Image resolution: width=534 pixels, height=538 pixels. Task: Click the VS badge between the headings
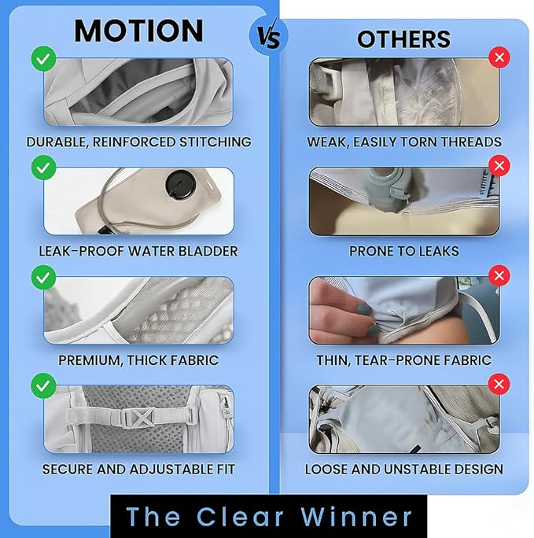click(x=268, y=36)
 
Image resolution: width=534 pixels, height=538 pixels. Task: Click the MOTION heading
click(x=138, y=31)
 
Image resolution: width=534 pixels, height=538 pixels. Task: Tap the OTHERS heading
click(x=403, y=39)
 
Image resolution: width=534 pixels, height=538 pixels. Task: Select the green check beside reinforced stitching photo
click(x=43, y=59)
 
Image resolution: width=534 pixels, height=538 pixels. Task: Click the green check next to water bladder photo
click(x=43, y=168)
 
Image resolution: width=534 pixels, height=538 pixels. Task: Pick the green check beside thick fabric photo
click(x=43, y=277)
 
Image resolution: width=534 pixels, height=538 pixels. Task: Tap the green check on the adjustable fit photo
click(x=43, y=385)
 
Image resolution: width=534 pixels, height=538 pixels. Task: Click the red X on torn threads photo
click(x=499, y=57)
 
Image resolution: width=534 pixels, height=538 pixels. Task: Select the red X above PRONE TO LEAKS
click(x=499, y=166)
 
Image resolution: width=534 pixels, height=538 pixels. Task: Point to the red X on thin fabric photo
click(x=499, y=275)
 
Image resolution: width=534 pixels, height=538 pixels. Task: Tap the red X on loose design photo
click(x=499, y=384)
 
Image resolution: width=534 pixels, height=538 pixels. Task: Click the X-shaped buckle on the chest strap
click(x=141, y=418)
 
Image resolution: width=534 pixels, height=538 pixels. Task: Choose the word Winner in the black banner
click(x=356, y=516)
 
